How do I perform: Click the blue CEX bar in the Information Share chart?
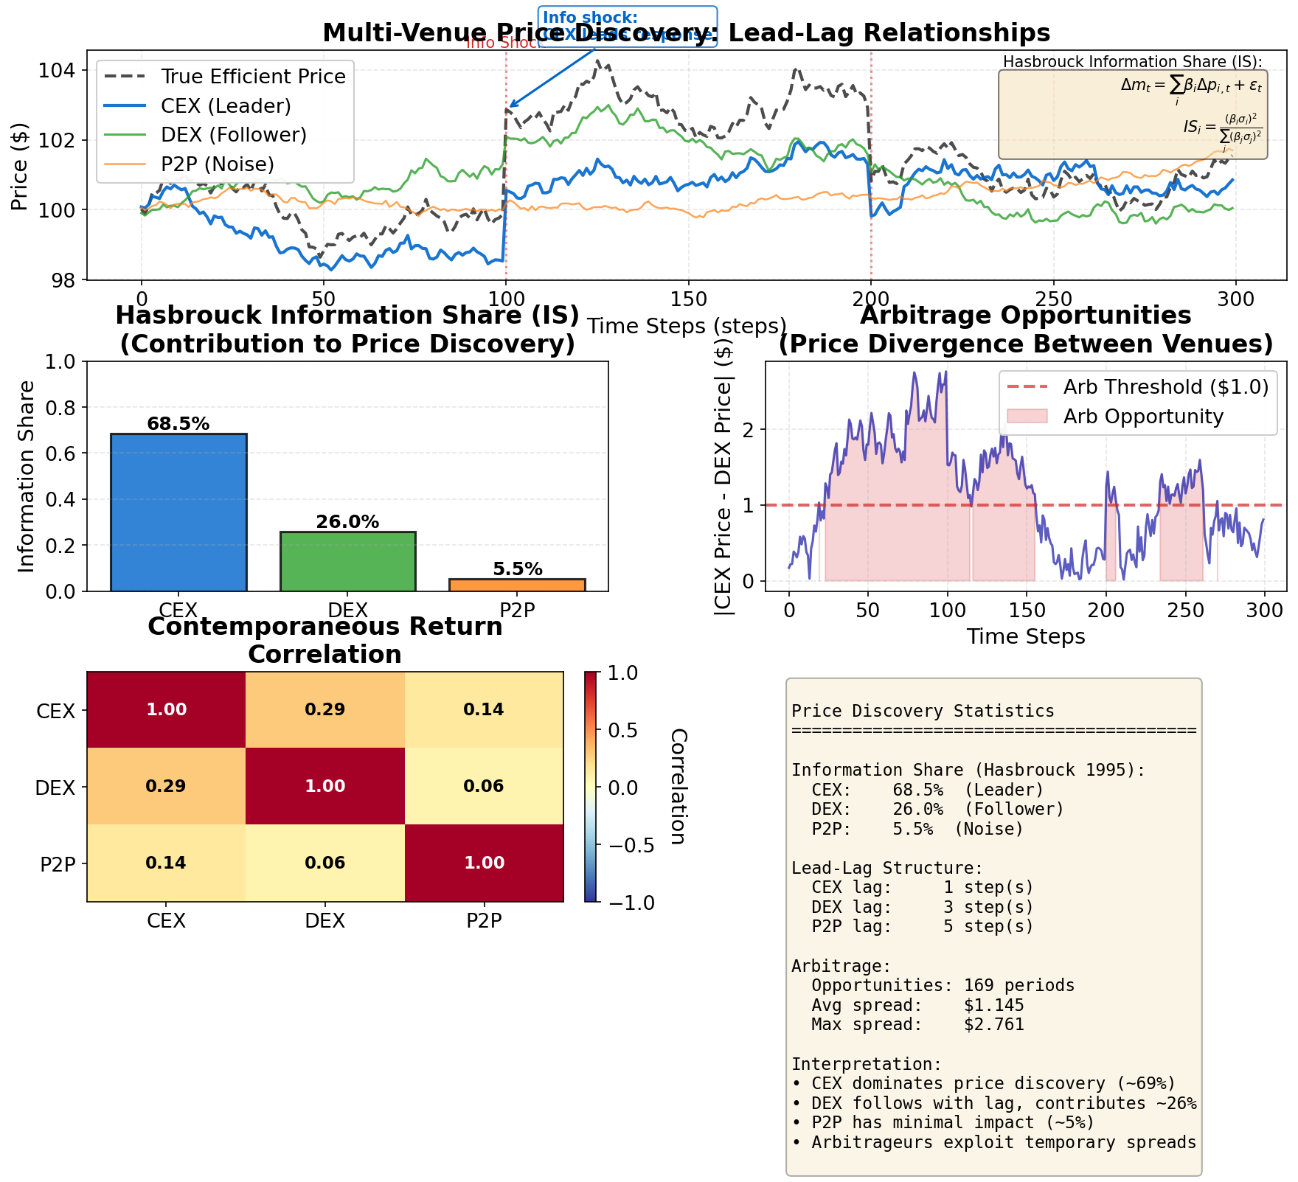178,512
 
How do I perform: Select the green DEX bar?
347,561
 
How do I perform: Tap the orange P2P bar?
517,585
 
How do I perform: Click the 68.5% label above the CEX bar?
178,424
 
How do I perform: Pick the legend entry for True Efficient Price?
252,77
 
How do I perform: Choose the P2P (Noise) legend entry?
218,164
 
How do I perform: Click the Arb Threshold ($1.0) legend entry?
1165,387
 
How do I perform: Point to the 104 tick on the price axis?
60,71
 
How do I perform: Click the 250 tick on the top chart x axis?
1052,299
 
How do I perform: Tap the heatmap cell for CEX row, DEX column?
324,710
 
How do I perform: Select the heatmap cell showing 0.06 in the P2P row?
324,863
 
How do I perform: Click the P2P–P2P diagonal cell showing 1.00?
484,863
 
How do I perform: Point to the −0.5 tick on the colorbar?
630,845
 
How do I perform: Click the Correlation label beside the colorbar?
678,787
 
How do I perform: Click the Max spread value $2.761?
993,1025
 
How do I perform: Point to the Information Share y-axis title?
27,476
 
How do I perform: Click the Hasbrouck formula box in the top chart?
1132,114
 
